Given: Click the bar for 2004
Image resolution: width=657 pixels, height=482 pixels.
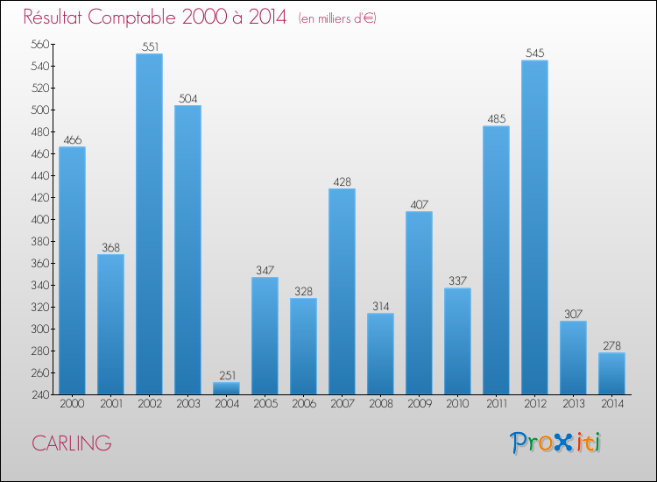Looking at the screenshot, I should (x=226, y=388).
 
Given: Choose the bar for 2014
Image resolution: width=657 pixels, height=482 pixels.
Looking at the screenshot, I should (x=611, y=373).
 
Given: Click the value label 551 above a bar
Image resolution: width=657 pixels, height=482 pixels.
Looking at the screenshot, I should (x=149, y=47).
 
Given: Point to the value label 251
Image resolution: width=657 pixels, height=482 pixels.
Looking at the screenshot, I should (x=226, y=376).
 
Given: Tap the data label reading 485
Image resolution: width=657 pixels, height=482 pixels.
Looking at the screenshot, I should (x=496, y=119).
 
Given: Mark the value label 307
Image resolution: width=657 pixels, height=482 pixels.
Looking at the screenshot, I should (x=573, y=315).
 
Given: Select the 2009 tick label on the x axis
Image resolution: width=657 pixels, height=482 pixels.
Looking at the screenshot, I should (x=419, y=404).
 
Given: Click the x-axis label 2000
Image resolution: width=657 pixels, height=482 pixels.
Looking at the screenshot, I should (x=72, y=404).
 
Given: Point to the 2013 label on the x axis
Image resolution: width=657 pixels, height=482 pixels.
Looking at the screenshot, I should (x=573, y=404).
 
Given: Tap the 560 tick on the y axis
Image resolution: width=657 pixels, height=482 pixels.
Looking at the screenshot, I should (x=39, y=45).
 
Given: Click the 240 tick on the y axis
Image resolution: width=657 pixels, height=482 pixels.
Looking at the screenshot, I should (x=39, y=395).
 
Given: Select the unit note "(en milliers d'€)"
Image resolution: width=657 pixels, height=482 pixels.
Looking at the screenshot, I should (x=337, y=18).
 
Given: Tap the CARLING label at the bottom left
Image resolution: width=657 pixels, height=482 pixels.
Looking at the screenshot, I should (x=72, y=443).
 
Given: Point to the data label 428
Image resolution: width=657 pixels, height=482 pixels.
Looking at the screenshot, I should (x=342, y=182).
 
